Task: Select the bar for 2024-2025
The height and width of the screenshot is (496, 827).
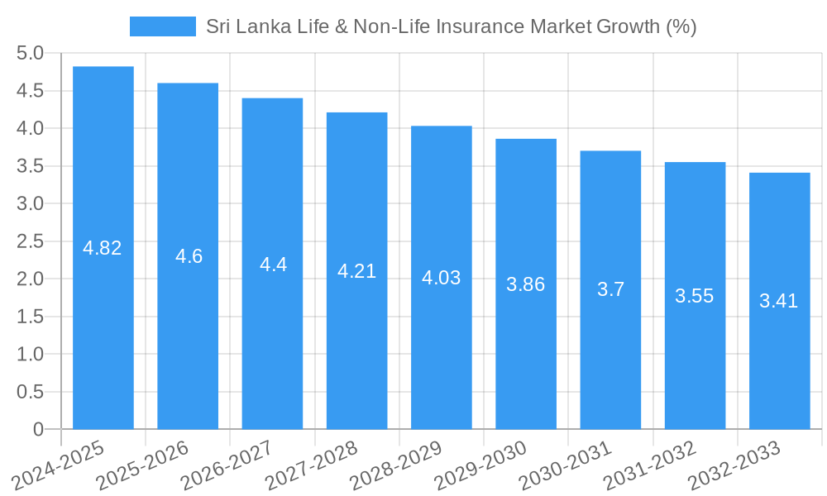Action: pyautogui.click(x=103, y=248)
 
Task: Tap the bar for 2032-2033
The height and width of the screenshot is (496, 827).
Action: pyautogui.click(x=779, y=301)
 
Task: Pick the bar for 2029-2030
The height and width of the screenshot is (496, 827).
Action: pyautogui.click(x=526, y=284)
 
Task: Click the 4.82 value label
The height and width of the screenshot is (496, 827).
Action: pyautogui.click(x=103, y=248)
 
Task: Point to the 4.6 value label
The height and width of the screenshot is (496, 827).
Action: pyautogui.click(x=189, y=256)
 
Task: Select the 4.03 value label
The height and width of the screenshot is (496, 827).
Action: pyautogui.click(x=441, y=278)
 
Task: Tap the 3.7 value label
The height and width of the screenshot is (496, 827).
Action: pyautogui.click(x=610, y=290)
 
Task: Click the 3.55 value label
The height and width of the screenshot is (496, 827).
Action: pyautogui.click(x=695, y=296)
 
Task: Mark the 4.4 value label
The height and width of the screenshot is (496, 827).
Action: pyautogui.click(x=273, y=265)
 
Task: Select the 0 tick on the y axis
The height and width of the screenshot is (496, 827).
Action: pyautogui.click(x=38, y=430)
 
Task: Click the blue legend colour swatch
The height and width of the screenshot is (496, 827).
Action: pyautogui.click(x=163, y=26)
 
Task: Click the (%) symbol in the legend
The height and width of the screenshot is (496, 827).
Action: pyautogui.click(x=681, y=26)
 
